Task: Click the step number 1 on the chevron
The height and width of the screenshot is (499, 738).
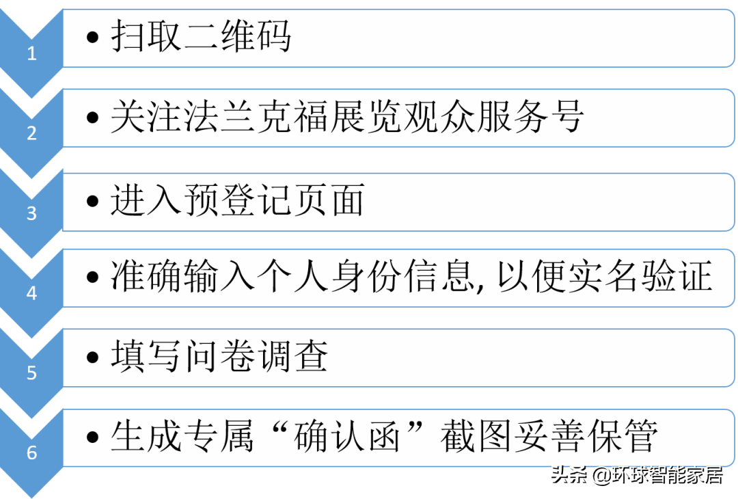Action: tap(31, 53)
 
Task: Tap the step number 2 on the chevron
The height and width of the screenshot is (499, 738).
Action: tap(31, 133)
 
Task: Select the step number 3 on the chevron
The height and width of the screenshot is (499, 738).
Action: tap(31, 213)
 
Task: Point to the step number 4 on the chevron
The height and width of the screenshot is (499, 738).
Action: tap(31, 293)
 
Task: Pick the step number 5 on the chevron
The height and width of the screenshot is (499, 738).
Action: tap(31, 373)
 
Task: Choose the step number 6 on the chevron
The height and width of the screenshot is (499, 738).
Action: tap(31, 453)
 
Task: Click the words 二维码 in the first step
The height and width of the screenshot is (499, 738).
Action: tap(237, 36)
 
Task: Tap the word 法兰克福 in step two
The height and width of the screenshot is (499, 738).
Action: tap(254, 116)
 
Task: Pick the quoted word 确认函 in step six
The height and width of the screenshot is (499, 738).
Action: tap(346, 436)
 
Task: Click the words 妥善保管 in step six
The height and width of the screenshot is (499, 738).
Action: tap(586, 436)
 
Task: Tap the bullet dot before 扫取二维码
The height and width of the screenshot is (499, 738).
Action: tap(93, 37)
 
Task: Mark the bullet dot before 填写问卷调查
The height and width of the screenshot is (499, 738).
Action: tap(93, 357)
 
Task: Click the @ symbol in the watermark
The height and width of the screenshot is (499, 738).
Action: tap(601, 475)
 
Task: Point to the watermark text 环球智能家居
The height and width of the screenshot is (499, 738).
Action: tap(668, 475)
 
